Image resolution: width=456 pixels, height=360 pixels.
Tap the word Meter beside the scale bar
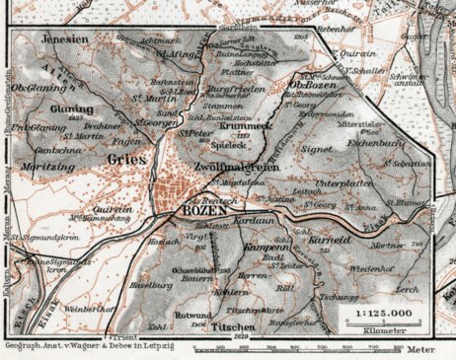[x=432, y=348]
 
